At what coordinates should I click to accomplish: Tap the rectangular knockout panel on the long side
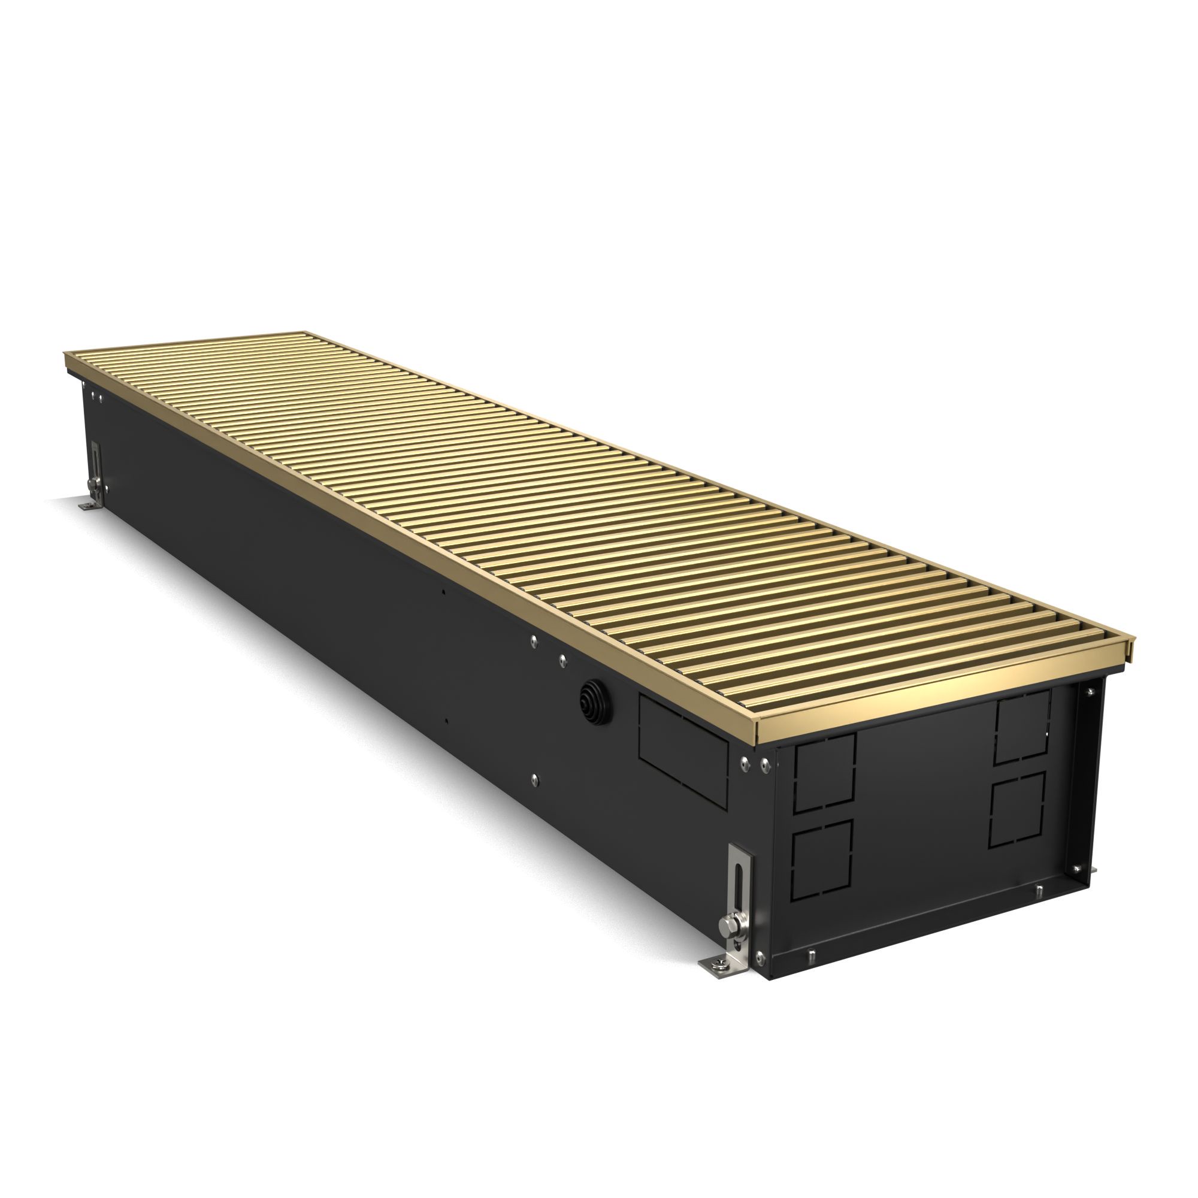(683, 751)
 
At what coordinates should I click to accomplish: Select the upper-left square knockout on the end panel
(825, 773)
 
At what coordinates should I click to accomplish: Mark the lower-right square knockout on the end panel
(1017, 809)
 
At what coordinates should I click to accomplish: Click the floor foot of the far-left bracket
(87, 507)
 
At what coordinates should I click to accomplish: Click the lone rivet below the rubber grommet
(535, 779)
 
